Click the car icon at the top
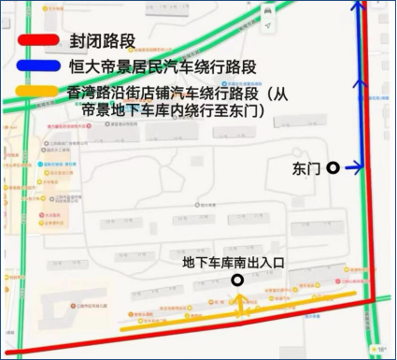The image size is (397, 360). coord(270,10)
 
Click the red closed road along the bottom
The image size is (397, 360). coord(187,335)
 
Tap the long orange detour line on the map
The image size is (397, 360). coord(234,314)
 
